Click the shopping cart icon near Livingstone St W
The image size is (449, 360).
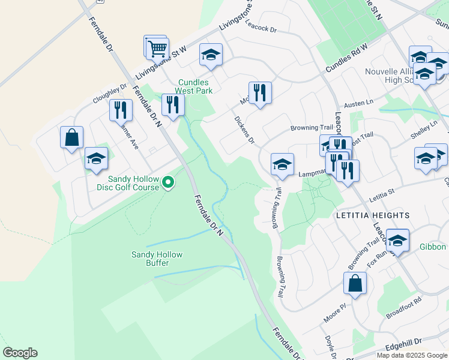tap(157, 48)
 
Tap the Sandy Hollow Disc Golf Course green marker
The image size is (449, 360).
tap(169, 181)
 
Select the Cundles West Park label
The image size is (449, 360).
tap(194, 86)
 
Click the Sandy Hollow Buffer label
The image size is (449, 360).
tap(157, 259)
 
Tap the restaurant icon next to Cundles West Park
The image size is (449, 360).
tap(173, 105)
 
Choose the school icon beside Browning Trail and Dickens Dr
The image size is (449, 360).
tap(282, 164)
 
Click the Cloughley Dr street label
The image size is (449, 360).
tap(110, 93)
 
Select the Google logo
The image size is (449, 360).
tap(20, 353)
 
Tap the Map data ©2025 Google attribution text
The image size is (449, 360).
tap(412, 355)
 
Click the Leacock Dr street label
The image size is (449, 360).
tap(261, 29)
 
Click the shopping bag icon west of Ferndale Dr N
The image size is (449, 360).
tap(72, 137)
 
